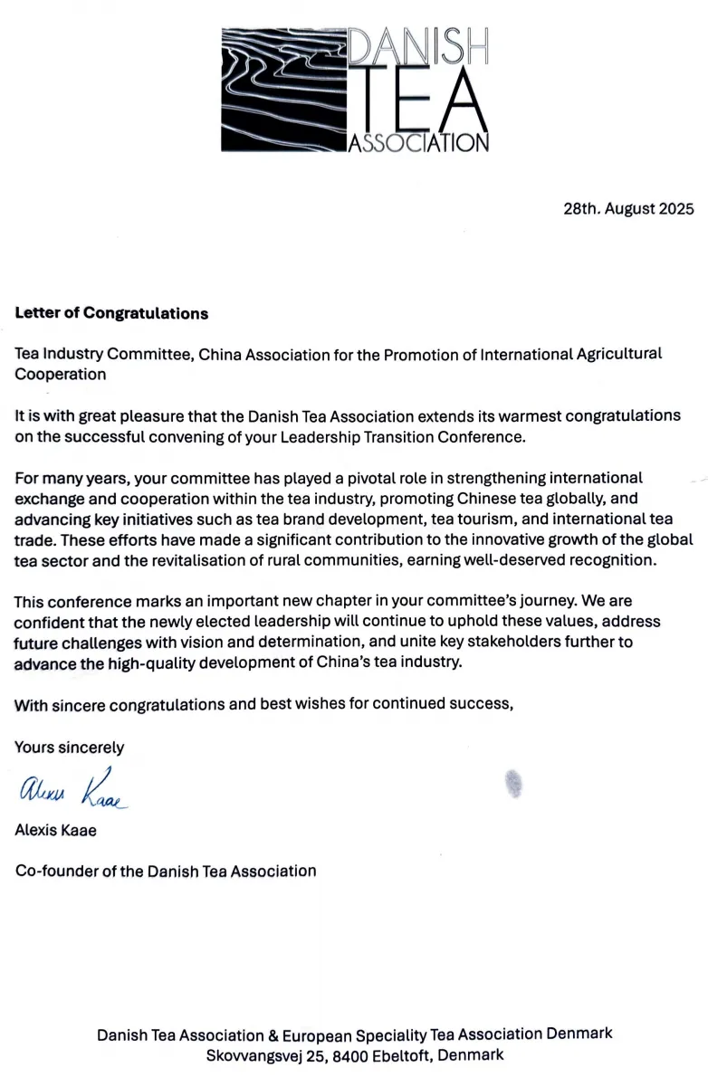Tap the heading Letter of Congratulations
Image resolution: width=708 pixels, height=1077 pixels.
click(111, 313)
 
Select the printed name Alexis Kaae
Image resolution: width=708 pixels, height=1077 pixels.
click(56, 830)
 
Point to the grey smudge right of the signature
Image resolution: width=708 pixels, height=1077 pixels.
click(513, 784)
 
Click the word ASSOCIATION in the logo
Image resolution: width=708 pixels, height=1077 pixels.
click(418, 143)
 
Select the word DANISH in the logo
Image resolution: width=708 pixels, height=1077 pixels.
click(418, 45)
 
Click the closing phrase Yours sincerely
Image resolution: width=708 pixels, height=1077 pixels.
click(70, 748)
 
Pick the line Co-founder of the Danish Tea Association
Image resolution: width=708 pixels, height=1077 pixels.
click(166, 872)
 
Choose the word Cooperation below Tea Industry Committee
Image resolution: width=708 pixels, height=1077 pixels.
click(60, 374)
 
